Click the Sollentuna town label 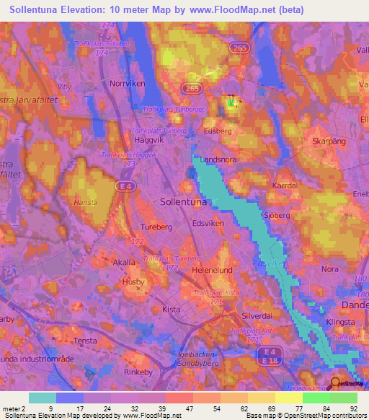click(183, 203)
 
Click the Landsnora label click(218, 160)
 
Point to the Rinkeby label click(136, 372)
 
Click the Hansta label click(84, 204)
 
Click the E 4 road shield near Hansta click(125, 186)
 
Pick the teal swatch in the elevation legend click(43, 398)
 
